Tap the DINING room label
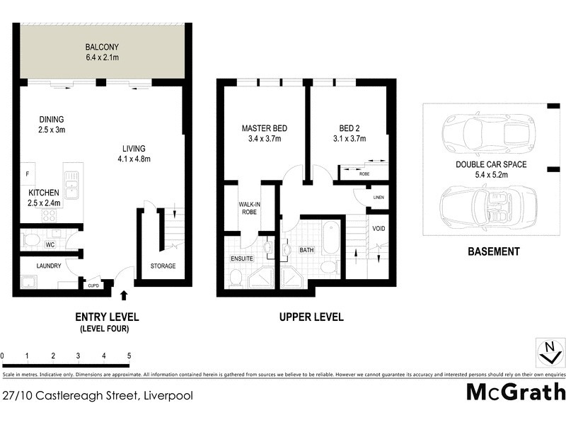(x=52, y=120)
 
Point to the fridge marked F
(x=28, y=174)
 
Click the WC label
(x=50, y=245)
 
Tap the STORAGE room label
(x=163, y=266)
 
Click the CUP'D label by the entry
(x=93, y=285)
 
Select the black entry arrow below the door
(x=125, y=295)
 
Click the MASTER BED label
(x=264, y=128)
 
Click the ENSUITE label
(x=242, y=259)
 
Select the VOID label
(x=379, y=228)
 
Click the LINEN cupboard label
(x=379, y=198)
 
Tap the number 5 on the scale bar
(x=129, y=356)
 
